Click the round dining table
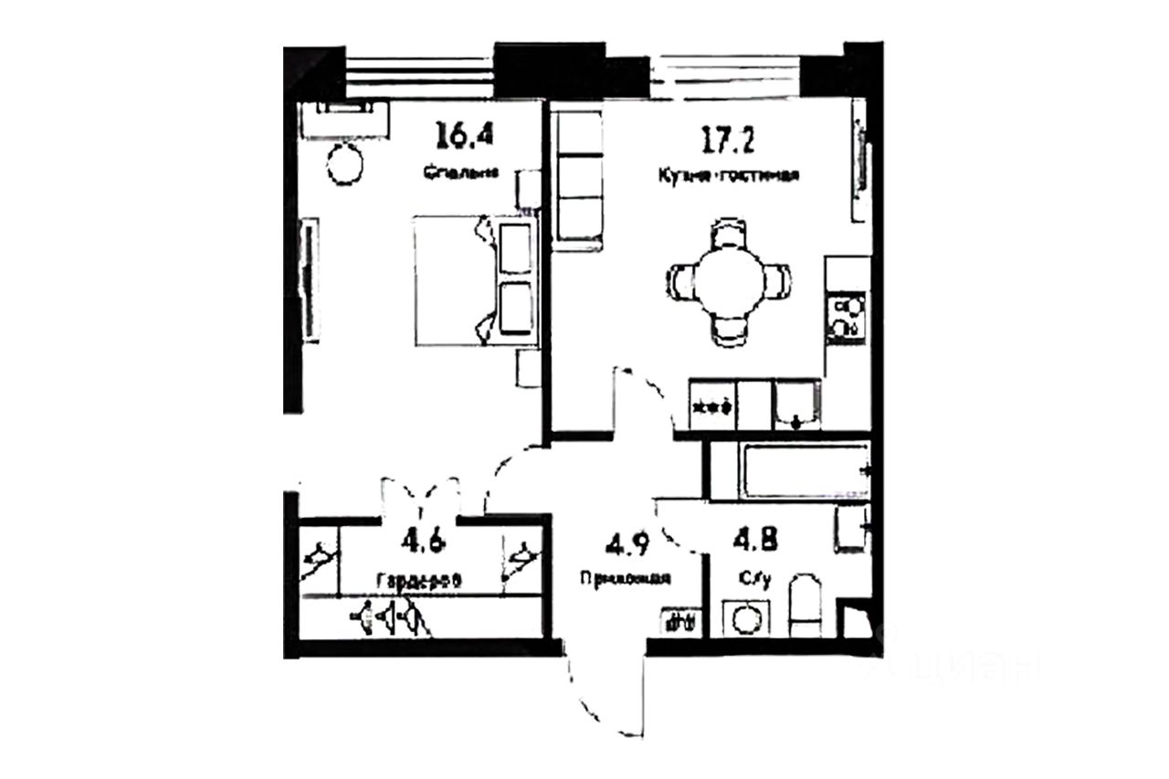(728, 280)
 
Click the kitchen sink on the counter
(797, 404)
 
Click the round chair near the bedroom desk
(346, 163)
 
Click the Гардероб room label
(417, 579)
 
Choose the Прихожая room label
(626, 577)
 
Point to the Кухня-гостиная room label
(729, 175)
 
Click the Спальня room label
(461, 170)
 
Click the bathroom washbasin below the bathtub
(850, 529)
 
